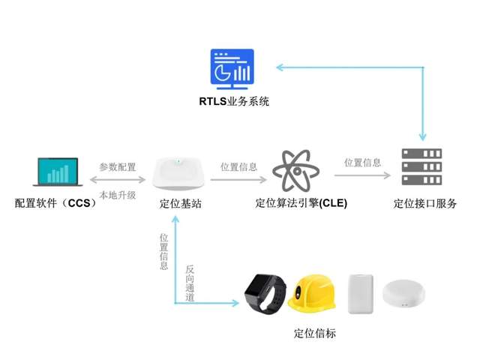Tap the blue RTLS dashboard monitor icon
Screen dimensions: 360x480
[x=232, y=67]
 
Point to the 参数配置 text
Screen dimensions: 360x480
[x=118, y=166]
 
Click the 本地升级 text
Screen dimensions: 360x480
[x=118, y=194]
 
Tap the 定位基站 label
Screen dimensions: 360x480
[x=180, y=203]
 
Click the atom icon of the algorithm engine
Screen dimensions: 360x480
[x=295, y=171]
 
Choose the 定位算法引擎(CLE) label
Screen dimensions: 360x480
[x=301, y=203]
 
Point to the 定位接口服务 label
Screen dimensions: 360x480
[x=425, y=203]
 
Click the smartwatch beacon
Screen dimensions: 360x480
[x=265, y=292]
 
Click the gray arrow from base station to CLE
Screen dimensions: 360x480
[x=238, y=180]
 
